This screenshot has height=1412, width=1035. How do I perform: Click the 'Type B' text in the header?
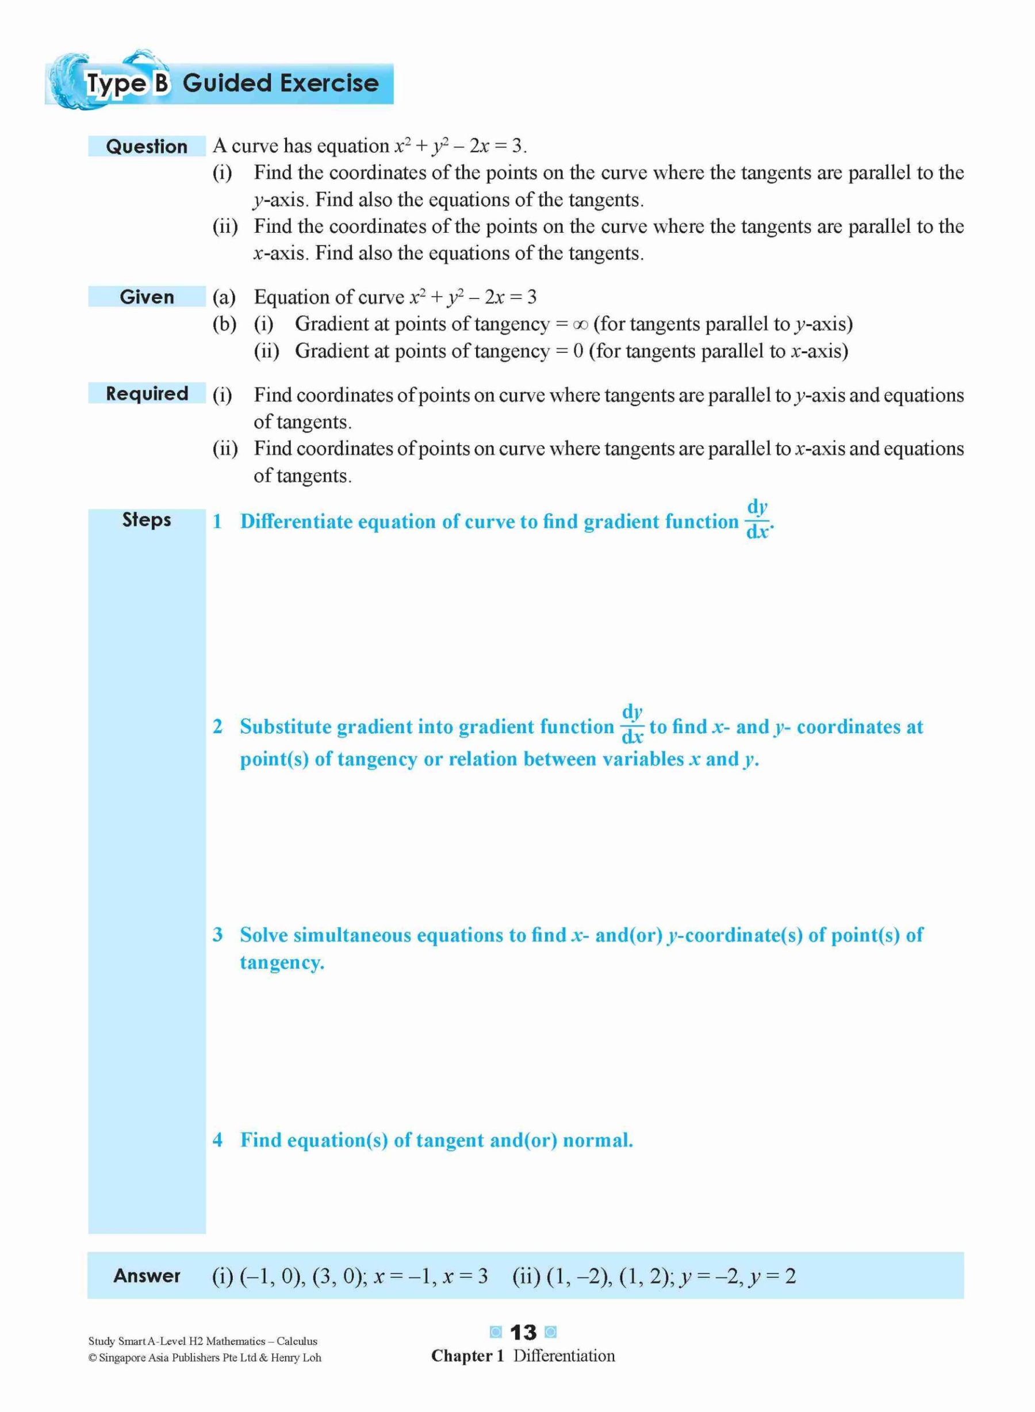127,83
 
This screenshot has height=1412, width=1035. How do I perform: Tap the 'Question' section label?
147,147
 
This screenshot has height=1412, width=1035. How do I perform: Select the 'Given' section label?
147,297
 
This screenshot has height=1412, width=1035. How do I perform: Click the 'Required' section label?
147,393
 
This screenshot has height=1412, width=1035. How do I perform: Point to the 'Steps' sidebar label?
147,519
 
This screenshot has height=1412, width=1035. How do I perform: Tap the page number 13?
523,1332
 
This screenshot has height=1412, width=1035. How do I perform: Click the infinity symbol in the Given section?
580,324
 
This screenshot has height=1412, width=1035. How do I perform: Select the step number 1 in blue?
217,521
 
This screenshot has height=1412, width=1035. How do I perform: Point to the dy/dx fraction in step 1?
757,519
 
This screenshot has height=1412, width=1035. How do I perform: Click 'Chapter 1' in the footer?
467,1356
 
